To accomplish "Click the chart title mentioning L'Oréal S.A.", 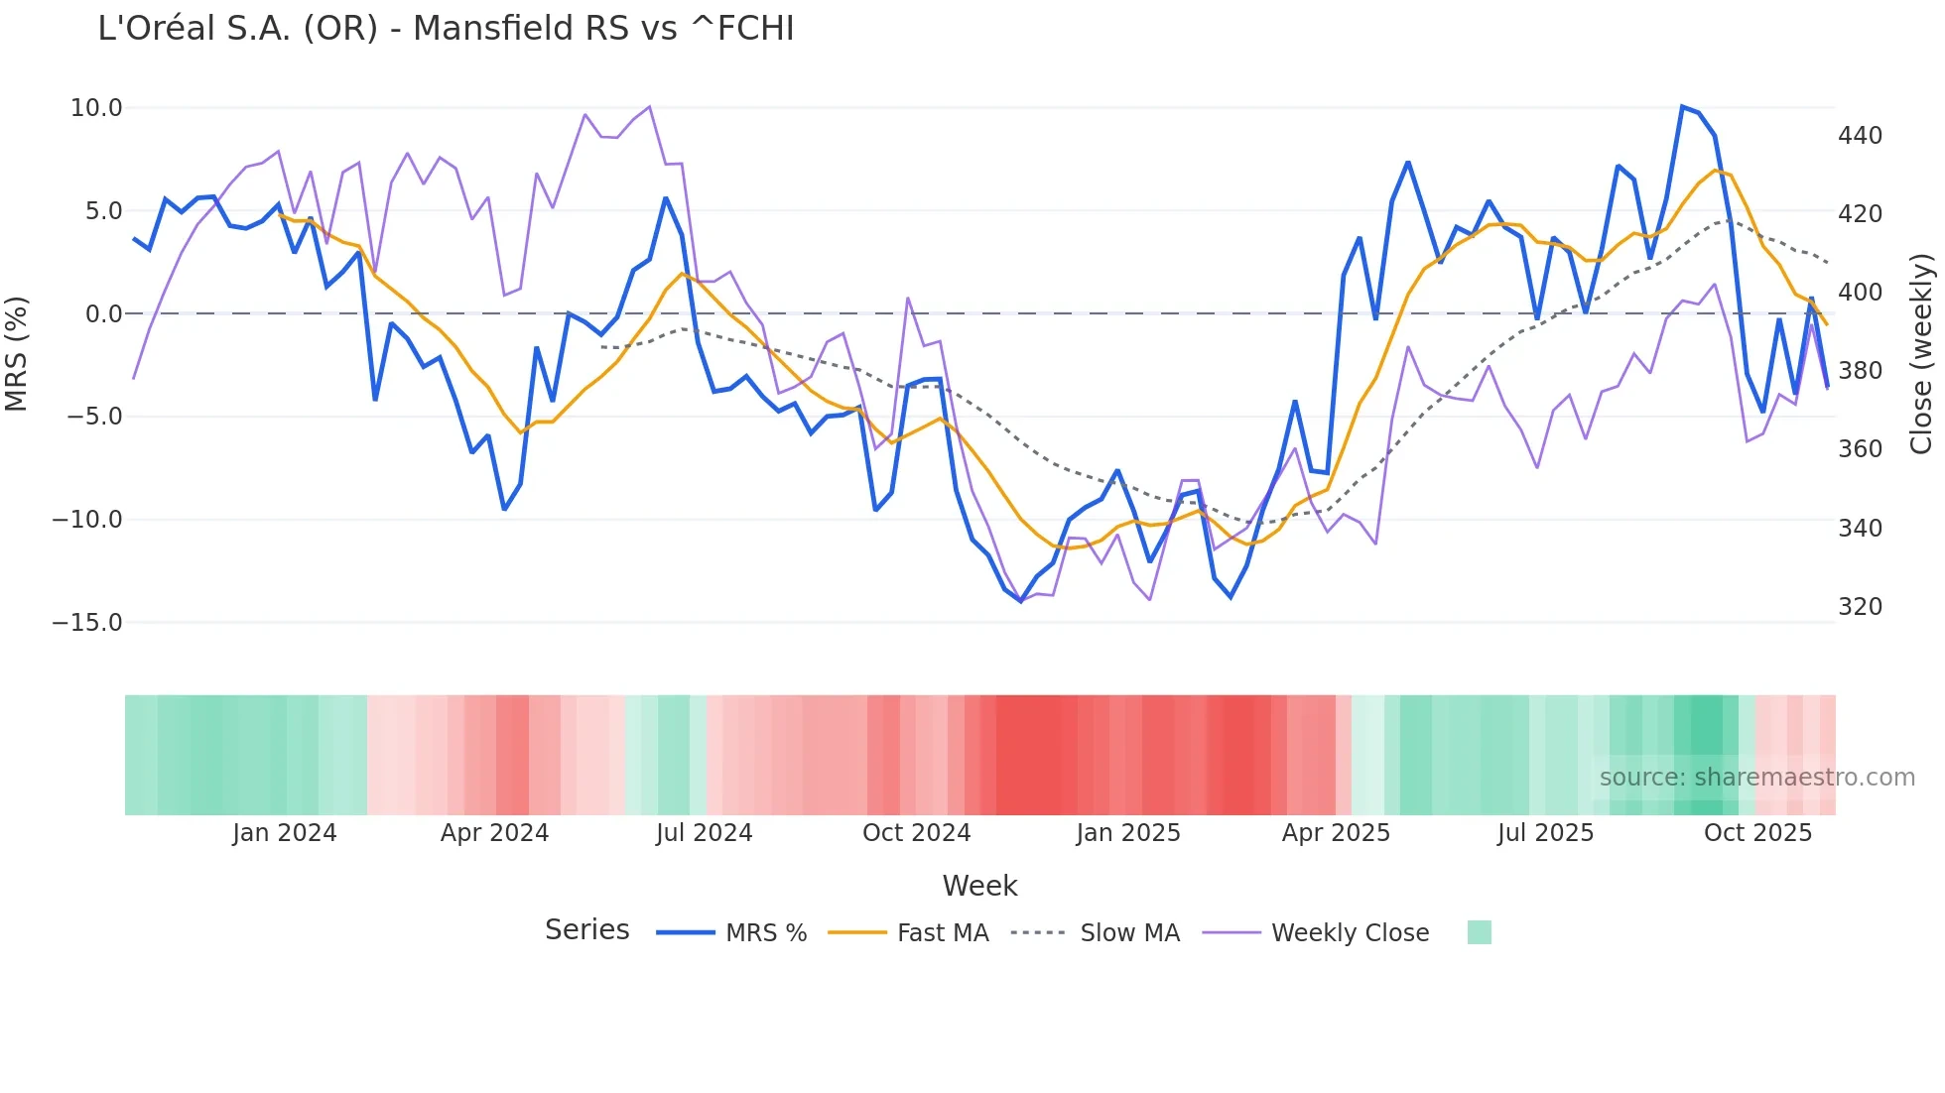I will coord(446,29).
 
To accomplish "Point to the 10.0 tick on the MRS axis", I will coord(96,108).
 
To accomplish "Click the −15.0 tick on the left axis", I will coord(87,623).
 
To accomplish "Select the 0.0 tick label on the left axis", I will coord(103,314).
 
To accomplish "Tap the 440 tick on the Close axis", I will coord(1860,136).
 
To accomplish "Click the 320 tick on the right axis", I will coord(1860,607).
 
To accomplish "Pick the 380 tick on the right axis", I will coord(1860,371).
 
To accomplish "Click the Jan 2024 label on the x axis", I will coord(285,833).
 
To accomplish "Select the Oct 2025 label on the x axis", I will coord(1757,833).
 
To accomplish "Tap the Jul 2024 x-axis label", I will coord(704,833).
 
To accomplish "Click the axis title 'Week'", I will coord(979,886).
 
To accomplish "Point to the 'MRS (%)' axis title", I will coord(16,354).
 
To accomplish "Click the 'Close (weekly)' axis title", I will coord(1921,354).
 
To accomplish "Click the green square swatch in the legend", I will coord(1479,932).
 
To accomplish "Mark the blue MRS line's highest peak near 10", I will coord(1682,107).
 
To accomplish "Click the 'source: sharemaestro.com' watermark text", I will coord(1756,778).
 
